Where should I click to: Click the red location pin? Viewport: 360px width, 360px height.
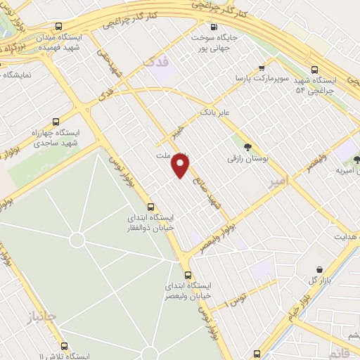coord(181,166)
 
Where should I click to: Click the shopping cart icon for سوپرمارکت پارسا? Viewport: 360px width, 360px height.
coord(262,69)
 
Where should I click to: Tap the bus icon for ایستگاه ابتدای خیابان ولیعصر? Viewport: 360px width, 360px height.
coord(188,275)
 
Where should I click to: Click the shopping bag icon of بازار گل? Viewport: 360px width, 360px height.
coord(320,269)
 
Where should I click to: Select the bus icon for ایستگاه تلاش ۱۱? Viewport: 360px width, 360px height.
coord(65,346)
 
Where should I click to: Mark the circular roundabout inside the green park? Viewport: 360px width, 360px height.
coord(77,240)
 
